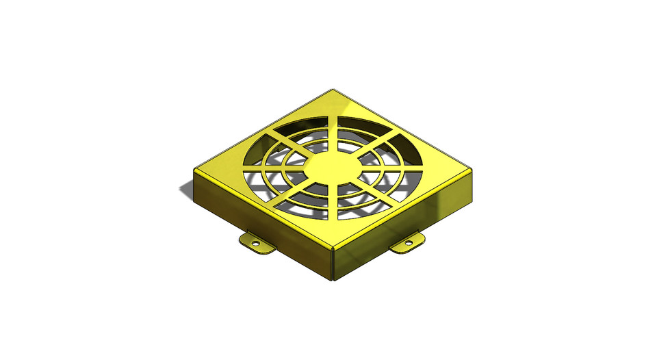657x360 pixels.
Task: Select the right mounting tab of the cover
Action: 408,244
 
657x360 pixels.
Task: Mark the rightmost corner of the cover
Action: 474,170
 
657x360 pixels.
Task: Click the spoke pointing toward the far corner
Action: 335,130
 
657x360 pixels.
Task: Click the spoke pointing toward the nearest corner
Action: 335,205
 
